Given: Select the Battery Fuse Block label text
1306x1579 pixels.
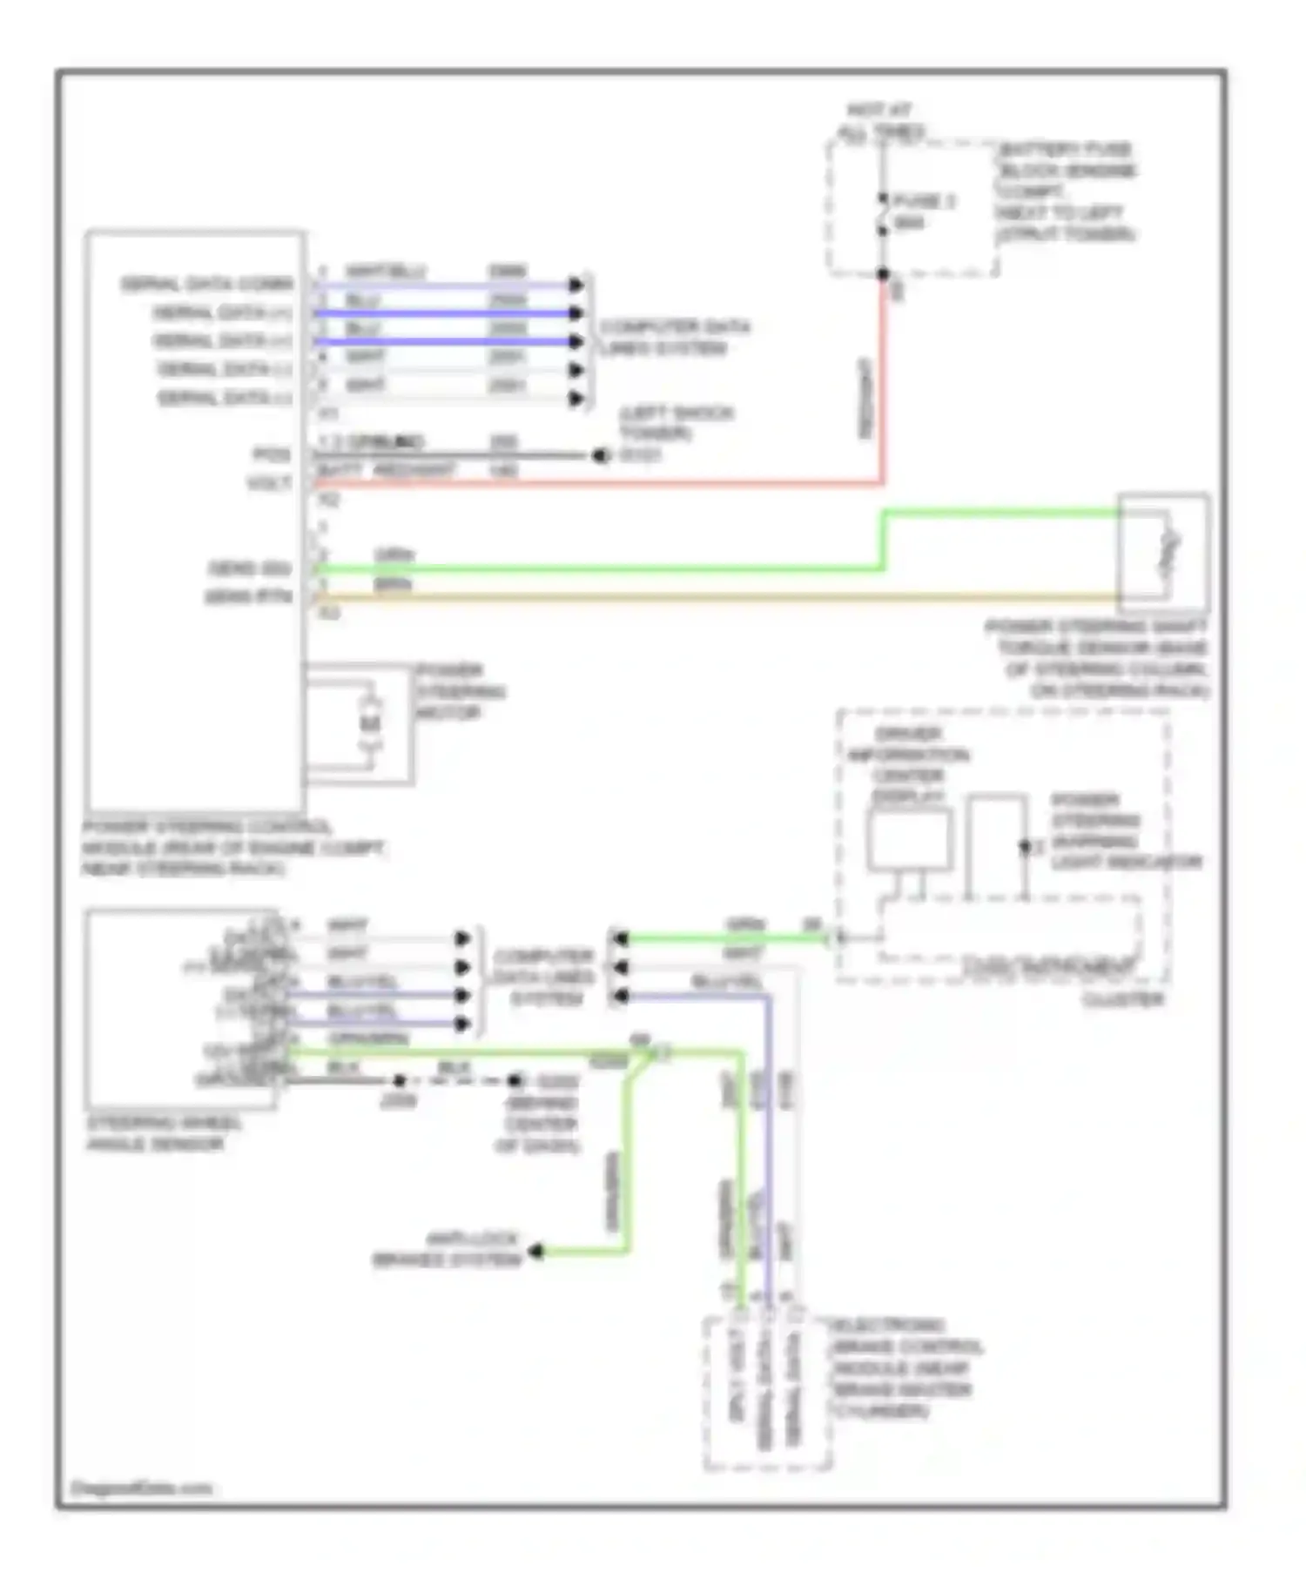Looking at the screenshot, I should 1066,191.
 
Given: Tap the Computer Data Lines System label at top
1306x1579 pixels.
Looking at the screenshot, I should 674,338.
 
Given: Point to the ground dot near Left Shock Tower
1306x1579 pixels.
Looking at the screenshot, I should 600,455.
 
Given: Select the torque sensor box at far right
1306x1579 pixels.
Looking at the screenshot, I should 1163,552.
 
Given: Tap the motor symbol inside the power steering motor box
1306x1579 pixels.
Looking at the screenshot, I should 371,722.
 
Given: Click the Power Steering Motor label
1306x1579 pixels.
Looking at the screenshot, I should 459,692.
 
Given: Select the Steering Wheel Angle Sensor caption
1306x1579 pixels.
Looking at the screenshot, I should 164,1132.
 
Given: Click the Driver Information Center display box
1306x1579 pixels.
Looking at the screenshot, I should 909,840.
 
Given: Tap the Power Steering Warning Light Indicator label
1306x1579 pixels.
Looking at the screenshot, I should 1123,831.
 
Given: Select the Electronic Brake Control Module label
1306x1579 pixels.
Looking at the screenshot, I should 905,1367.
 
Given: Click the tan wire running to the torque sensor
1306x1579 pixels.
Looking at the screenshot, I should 697,598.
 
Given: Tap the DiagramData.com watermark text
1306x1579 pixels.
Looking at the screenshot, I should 141,1488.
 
